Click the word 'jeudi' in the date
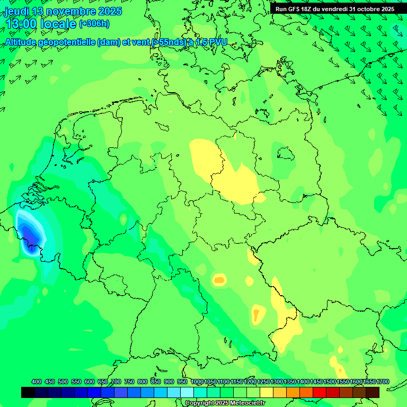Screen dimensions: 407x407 [16, 11]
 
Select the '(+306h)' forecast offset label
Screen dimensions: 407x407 [94, 24]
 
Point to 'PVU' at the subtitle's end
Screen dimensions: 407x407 [217, 42]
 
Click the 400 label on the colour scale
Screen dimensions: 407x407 [37, 382]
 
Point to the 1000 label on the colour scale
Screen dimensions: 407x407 [197, 382]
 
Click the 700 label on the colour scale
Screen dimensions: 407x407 [117, 382]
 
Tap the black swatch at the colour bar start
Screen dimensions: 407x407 [28, 392]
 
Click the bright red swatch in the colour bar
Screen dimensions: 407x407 [320, 392]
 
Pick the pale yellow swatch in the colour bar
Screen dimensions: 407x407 [267, 392]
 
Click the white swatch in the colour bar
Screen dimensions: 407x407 [187, 392]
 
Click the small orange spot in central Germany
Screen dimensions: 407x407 [219, 279]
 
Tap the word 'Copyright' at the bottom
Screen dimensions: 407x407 [200, 403]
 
